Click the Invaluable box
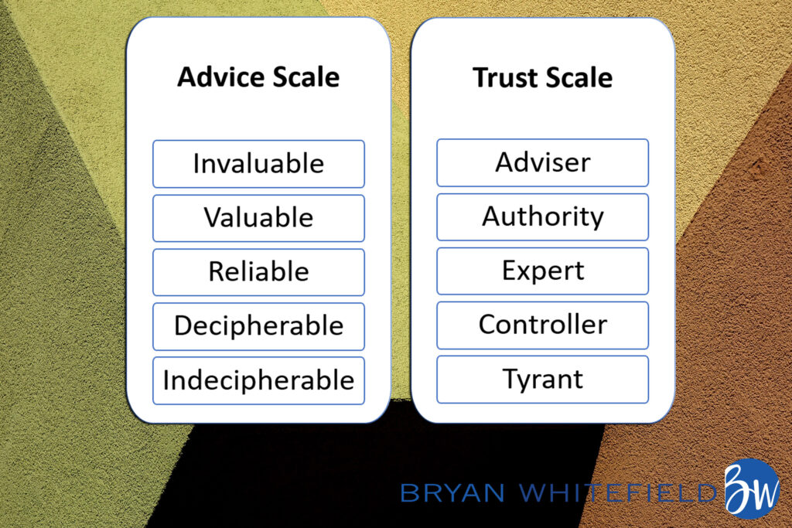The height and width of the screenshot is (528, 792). [258, 164]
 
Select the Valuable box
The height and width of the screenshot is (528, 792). [258, 218]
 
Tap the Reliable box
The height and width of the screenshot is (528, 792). [258, 272]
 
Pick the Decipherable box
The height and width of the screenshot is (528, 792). [258, 326]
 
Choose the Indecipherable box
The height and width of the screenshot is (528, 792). [258, 380]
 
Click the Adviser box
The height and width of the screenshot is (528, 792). [542, 162]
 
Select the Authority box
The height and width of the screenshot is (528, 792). [542, 217]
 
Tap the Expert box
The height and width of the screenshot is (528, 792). [542, 271]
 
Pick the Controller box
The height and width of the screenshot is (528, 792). [542, 325]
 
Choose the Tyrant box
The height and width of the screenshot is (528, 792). [542, 380]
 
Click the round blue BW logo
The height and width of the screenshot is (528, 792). [752, 489]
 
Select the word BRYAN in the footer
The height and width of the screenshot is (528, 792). [452, 492]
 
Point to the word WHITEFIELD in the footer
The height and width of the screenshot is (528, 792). [618, 492]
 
